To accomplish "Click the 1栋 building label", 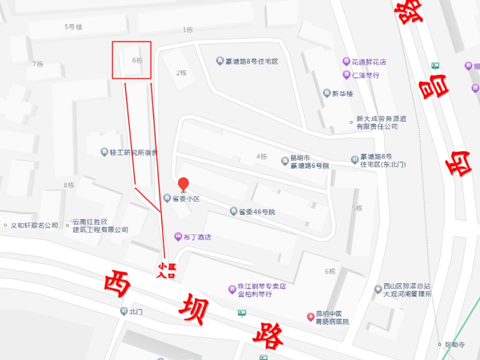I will (x=188, y=29).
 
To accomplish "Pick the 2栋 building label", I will (x=181, y=73).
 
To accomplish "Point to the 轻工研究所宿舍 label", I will (x=128, y=152).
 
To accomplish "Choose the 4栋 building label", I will (x=262, y=157).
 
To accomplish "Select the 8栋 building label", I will (x=69, y=185).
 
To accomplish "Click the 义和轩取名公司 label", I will (x=34, y=226).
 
